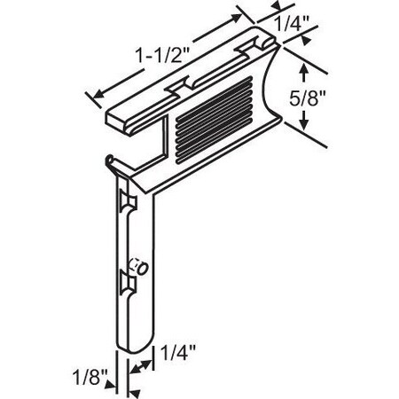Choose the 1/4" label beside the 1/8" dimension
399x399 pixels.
click(x=175, y=355)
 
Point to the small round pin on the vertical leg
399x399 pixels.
click(x=138, y=266)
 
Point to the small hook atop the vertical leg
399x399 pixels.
click(x=109, y=160)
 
